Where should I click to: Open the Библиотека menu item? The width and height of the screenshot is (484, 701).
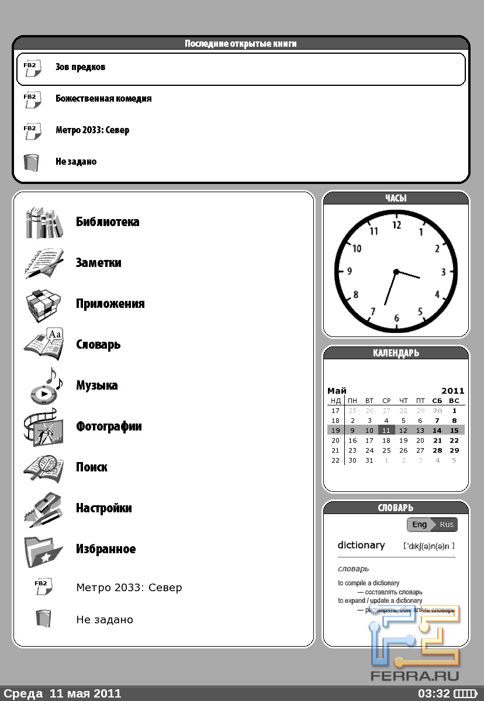pyautogui.click(x=108, y=222)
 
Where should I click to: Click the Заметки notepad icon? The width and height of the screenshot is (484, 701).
pyautogui.click(x=44, y=263)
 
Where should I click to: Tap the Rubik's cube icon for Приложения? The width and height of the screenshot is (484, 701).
pyautogui.click(x=44, y=304)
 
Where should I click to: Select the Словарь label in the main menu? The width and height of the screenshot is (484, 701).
pyautogui.click(x=98, y=345)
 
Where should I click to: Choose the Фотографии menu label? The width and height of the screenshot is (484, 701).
pyautogui.click(x=109, y=426)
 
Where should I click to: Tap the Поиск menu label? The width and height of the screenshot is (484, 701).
pyautogui.click(x=92, y=467)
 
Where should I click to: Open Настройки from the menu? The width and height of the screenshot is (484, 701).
pyautogui.click(x=104, y=508)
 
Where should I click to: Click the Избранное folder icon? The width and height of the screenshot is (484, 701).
pyautogui.click(x=44, y=549)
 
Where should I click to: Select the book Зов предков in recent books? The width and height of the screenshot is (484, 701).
pyautogui.click(x=81, y=67)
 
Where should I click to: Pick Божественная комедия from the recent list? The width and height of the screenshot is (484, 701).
pyautogui.click(x=103, y=99)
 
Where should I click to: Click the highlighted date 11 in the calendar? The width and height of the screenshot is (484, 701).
pyautogui.click(x=386, y=431)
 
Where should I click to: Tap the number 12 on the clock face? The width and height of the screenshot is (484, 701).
pyautogui.click(x=397, y=225)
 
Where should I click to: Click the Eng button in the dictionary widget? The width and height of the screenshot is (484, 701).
pyautogui.click(x=419, y=525)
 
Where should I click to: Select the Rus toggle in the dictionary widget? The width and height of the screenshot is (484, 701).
pyautogui.click(x=447, y=525)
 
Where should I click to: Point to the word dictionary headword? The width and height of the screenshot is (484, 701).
pyautogui.click(x=361, y=545)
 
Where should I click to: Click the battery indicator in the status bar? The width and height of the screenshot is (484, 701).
pyautogui.click(x=466, y=694)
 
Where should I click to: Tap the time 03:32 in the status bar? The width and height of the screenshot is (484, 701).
pyautogui.click(x=434, y=694)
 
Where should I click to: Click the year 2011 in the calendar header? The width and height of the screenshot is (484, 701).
pyautogui.click(x=452, y=391)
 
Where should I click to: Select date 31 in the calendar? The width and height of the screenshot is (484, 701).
pyautogui.click(x=369, y=460)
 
